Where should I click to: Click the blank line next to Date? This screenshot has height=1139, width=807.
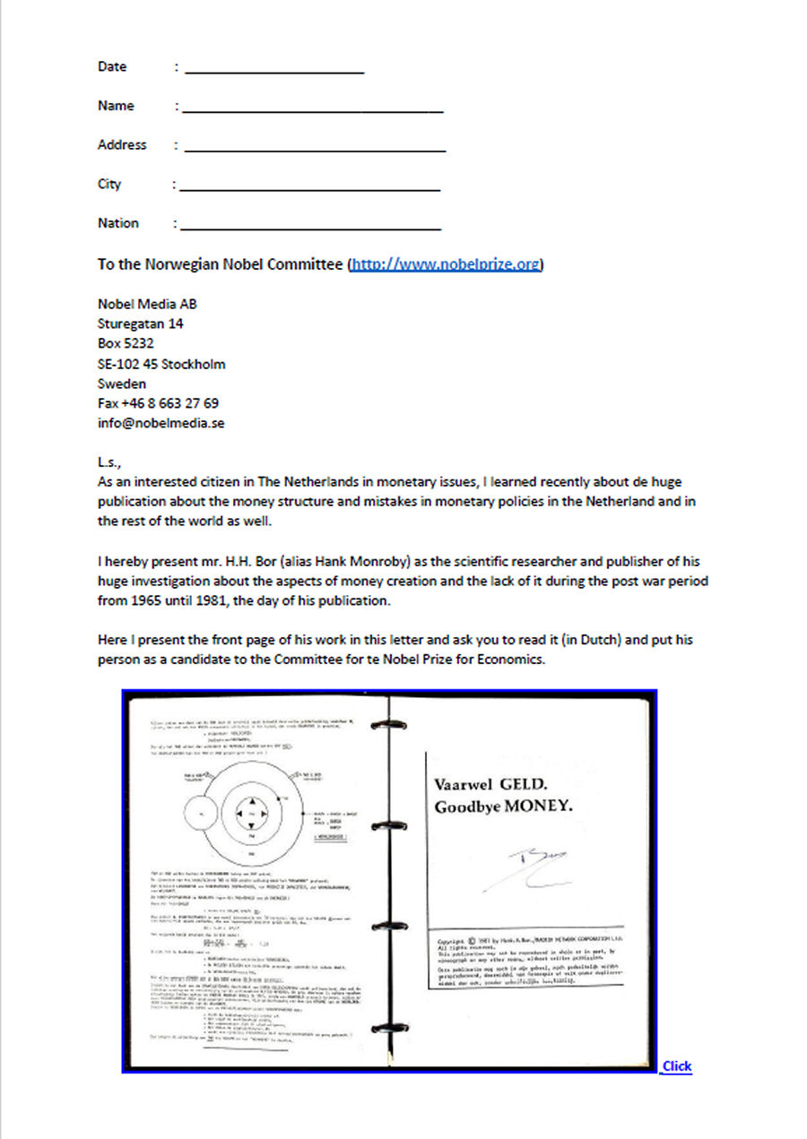tap(274, 69)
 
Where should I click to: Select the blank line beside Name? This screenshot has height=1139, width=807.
tap(312, 108)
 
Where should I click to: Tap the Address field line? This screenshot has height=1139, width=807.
tap(314, 148)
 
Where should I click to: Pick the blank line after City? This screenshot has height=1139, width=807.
tap(309, 187)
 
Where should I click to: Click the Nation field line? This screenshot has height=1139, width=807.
tap(310, 227)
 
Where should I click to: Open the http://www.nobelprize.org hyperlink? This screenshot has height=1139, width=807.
tap(445, 265)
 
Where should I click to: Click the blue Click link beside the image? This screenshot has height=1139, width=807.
tap(677, 1066)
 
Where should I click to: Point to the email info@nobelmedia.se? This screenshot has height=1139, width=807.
tap(161, 423)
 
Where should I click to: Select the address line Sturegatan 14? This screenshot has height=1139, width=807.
tap(140, 324)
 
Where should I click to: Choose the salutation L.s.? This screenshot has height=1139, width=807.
tap(109, 462)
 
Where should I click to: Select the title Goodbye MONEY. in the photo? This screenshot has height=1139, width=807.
tap(503, 807)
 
